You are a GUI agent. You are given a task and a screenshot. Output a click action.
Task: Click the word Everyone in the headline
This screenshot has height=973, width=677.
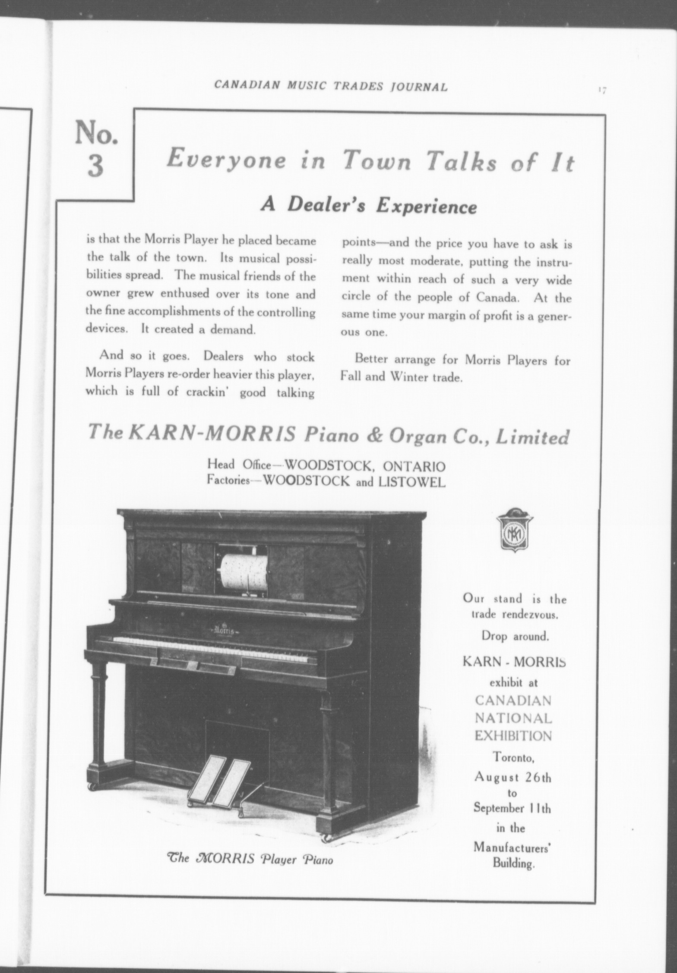226,159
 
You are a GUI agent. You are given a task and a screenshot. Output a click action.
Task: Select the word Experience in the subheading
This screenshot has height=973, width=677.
426,207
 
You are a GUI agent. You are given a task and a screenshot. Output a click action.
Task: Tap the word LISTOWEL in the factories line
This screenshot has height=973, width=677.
411,482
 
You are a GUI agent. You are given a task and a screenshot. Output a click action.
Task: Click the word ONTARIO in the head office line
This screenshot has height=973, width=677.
414,466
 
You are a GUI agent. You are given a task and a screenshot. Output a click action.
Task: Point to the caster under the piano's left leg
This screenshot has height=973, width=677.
92,786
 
